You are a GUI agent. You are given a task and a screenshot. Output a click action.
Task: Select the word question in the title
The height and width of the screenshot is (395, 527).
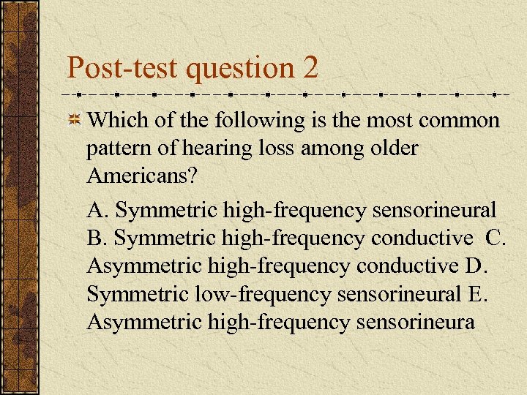(239, 68)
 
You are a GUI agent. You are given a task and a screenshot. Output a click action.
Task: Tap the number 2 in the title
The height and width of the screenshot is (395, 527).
(310, 68)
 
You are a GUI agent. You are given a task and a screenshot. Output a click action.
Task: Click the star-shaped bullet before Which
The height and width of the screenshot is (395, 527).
(74, 121)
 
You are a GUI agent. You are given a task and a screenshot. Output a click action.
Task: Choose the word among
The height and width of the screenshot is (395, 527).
(323, 149)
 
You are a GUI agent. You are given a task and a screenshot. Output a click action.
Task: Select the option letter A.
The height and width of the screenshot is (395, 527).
(96, 211)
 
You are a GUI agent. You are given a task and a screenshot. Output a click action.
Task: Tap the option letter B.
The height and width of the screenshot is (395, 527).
(95, 238)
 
